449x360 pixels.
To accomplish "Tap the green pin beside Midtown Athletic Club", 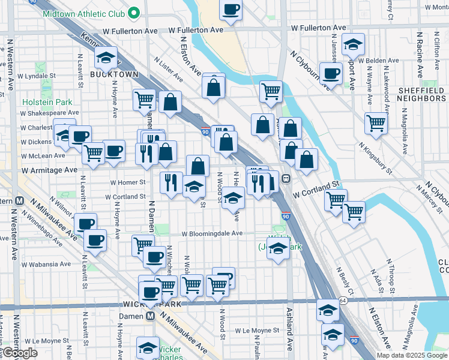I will coord(135,12).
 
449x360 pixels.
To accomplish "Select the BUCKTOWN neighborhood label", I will coord(114,74).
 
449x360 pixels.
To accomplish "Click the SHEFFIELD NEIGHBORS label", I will coord(421,94).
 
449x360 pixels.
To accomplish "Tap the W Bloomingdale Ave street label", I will coord(212,233).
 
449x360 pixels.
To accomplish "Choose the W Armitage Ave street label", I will coord(50,170).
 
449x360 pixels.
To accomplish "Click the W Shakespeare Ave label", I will coord(49,112).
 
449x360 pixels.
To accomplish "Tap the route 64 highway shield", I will coord(343,300).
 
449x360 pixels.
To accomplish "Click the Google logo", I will coord(20,353).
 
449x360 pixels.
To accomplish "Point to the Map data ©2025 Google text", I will coord(412,355).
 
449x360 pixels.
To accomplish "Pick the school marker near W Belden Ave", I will coord(353,45).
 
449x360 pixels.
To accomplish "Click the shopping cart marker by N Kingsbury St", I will coord(376,124).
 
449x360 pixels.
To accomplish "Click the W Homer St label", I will coord(127,182).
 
